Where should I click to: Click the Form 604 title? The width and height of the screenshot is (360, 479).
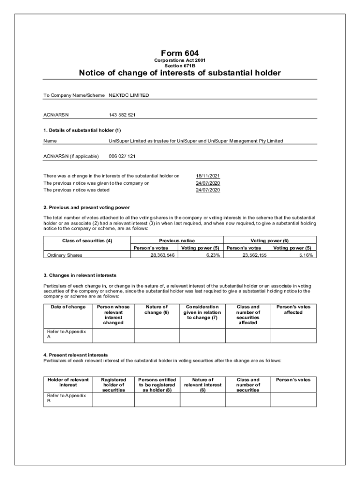coord(180,53)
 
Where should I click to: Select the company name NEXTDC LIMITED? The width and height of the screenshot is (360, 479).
coord(129,95)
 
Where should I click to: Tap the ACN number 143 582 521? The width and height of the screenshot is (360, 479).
coord(122,115)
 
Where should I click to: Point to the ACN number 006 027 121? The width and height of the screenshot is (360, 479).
coord(122,156)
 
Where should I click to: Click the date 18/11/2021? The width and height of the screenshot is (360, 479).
coord(208,176)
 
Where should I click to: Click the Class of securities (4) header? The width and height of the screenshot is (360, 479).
coord(87,240)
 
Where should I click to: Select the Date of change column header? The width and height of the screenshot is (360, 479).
coord(68,307)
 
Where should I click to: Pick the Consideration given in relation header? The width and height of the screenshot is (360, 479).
coord(202,312)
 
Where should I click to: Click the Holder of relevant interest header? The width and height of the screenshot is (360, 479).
coord(68,382)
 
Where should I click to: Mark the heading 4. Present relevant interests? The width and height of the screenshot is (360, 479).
coord(76,355)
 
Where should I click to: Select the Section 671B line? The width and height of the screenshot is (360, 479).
coord(180,66)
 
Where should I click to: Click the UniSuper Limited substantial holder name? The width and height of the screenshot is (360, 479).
coord(196,141)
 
